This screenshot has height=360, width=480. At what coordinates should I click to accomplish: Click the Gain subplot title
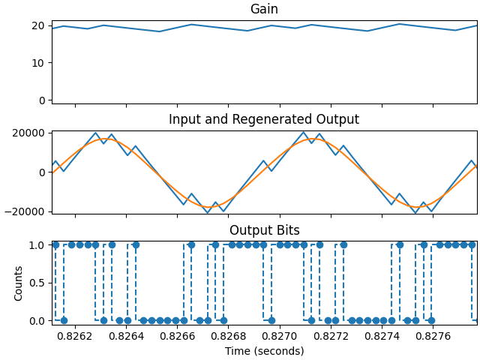(x=264, y=10)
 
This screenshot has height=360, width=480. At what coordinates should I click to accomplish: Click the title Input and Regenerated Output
(x=264, y=120)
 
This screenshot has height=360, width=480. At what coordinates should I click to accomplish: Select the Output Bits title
(x=264, y=230)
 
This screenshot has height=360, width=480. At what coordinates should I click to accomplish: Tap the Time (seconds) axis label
(x=264, y=351)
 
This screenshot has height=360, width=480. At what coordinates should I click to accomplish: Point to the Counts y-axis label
(x=19, y=283)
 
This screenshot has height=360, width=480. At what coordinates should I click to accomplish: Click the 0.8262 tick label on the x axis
(x=75, y=336)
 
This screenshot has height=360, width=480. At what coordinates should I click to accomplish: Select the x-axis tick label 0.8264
(x=126, y=336)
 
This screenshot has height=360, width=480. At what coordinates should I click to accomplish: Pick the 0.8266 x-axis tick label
(x=177, y=336)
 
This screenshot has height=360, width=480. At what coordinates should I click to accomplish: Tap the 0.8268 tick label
(x=228, y=336)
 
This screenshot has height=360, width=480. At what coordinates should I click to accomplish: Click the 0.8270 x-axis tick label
(x=280, y=336)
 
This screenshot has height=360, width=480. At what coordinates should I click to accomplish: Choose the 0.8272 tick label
(x=331, y=336)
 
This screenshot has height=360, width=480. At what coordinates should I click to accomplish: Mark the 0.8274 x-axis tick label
(x=382, y=336)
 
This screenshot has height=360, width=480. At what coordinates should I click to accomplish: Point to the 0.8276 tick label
(x=433, y=336)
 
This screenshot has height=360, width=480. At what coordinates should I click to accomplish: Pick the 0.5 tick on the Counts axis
(x=37, y=283)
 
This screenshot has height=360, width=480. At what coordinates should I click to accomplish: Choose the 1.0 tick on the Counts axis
(x=37, y=245)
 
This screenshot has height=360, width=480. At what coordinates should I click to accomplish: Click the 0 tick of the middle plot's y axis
(x=43, y=172)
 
